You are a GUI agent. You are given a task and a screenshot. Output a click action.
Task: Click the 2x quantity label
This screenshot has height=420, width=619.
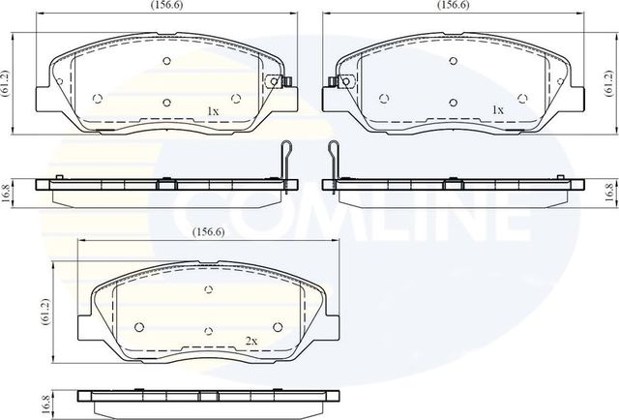251,342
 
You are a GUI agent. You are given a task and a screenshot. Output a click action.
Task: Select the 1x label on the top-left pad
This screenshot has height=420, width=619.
214,111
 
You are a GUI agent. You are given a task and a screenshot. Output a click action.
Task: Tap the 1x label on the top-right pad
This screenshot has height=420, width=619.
498,111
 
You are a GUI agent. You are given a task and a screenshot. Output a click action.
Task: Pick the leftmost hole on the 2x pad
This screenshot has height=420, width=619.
139,325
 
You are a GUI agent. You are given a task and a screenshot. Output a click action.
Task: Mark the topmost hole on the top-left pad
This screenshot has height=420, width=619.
166,60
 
